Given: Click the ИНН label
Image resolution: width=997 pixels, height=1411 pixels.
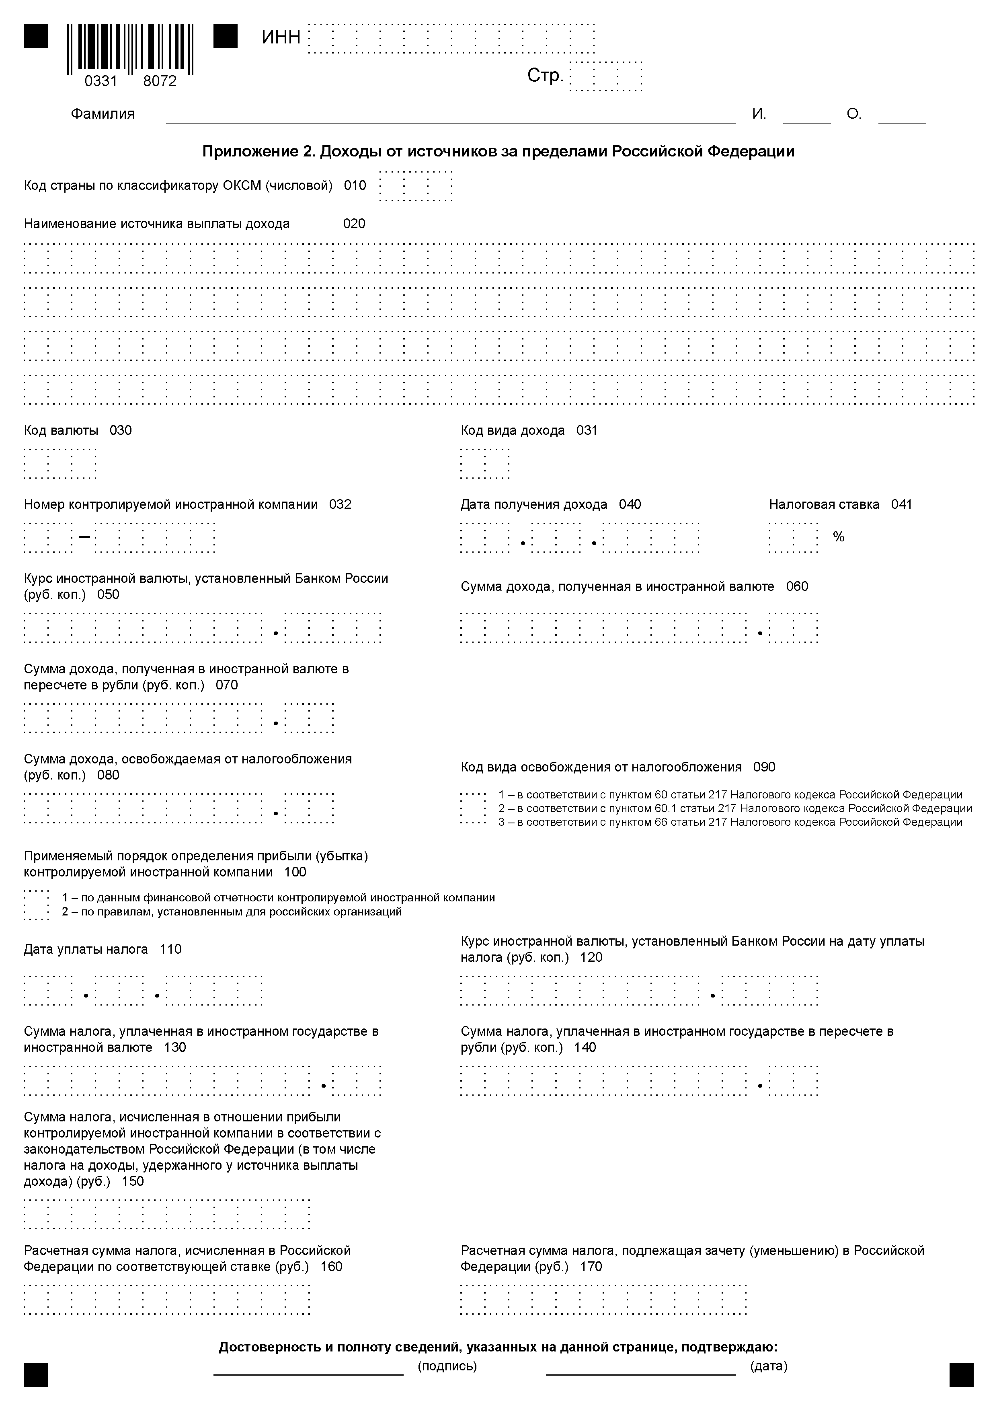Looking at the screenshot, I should click(281, 37).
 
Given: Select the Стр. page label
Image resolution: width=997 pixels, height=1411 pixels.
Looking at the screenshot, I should click(545, 76).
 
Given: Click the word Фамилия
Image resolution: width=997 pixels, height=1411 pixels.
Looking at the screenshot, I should click(103, 114).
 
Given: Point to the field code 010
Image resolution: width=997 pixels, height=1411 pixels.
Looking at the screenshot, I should click(355, 185).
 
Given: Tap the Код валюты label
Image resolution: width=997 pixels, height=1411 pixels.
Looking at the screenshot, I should click(61, 430).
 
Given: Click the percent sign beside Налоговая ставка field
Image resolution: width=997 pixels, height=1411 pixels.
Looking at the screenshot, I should click(839, 537).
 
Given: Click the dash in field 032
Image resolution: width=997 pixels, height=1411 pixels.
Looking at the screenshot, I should click(84, 537).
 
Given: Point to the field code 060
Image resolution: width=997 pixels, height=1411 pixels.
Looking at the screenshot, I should click(797, 586).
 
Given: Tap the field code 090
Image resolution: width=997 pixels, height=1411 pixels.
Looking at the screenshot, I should click(764, 767).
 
